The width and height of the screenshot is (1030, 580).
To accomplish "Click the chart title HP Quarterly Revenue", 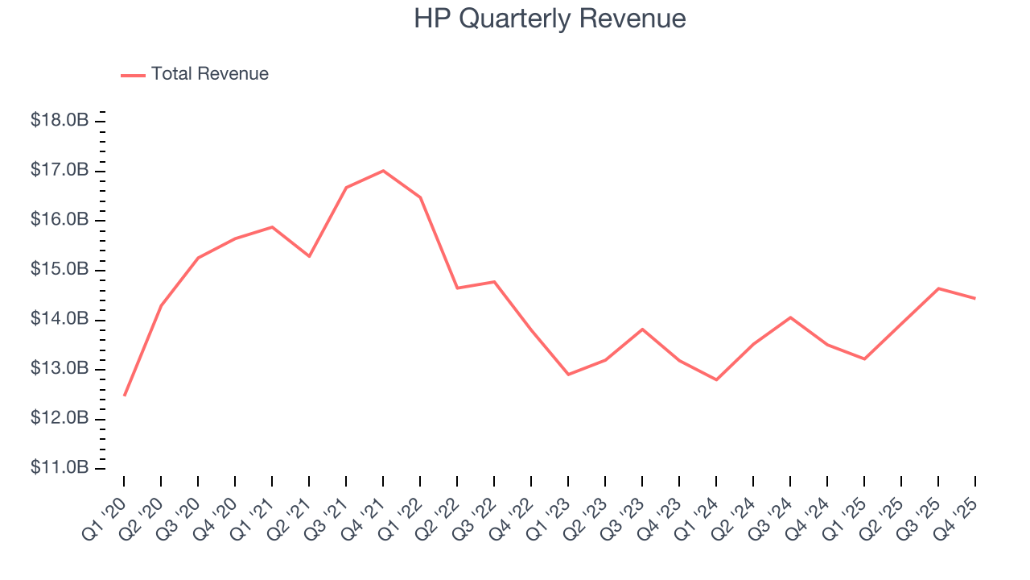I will point(550,19).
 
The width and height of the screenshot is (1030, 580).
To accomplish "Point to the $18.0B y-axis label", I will point(60,121).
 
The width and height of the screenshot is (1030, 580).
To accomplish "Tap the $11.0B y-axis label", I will point(60,468).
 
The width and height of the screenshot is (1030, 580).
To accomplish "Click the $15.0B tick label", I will point(60,269).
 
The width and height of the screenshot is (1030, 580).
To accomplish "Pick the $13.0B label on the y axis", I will point(60,369).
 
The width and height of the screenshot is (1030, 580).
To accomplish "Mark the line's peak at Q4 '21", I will point(383,171).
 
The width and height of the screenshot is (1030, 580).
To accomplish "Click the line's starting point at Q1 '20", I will point(124,396).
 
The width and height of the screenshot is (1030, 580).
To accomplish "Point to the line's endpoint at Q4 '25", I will point(975,299).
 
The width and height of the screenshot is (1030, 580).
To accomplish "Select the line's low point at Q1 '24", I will point(716,379).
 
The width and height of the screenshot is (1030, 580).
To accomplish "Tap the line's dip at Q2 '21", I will point(309,256).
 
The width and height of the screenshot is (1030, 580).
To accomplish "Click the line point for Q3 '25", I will point(938,288).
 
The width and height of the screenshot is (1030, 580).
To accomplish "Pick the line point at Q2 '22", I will point(457,288).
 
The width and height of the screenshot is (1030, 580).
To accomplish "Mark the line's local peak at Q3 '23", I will point(642,329).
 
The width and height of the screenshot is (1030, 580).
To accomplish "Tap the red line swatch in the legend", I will point(133,75).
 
